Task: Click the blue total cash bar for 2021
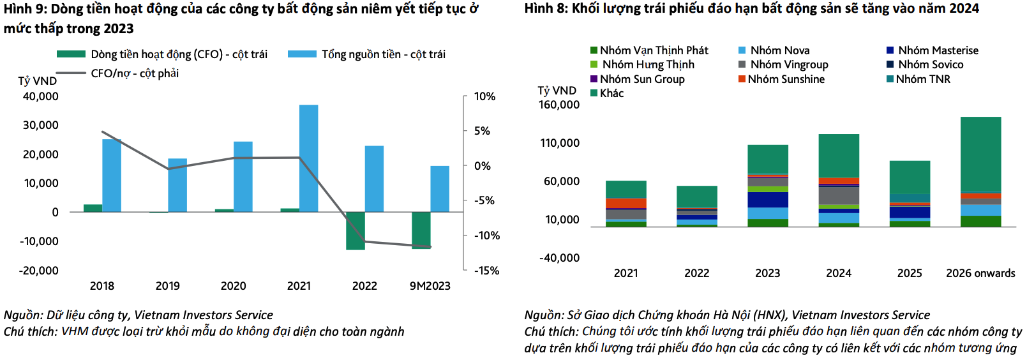(308, 158)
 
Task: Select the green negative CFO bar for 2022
(356, 230)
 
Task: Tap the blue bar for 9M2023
(440, 189)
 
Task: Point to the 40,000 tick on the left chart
(40, 96)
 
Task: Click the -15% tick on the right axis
(486, 271)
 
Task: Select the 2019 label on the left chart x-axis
(168, 286)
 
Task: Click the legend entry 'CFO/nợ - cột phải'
(134, 73)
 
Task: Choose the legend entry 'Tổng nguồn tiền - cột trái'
(383, 54)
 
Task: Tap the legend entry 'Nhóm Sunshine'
(786, 79)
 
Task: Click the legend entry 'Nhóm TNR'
(922, 79)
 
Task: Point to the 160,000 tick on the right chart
(559, 105)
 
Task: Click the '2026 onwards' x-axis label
(980, 273)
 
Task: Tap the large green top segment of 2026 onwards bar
(980, 153)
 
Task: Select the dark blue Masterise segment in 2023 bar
(768, 200)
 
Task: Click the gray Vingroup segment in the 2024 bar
(839, 195)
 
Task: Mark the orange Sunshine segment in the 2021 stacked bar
(626, 203)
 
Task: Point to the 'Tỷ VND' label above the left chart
(37, 81)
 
